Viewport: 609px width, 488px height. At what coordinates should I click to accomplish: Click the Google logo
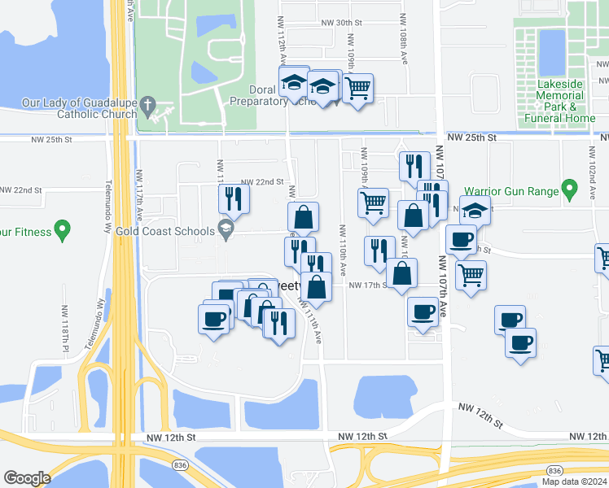click(x=27, y=477)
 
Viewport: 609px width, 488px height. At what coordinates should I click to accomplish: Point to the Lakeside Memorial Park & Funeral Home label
click(x=560, y=101)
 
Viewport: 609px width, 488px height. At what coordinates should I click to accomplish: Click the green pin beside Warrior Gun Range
click(x=570, y=191)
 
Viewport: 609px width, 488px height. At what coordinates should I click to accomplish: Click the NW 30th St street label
click(x=340, y=24)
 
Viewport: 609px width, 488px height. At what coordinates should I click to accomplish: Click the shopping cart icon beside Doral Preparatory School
click(x=357, y=89)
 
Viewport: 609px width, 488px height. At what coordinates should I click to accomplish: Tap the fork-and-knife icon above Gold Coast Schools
click(x=233, y=198)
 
